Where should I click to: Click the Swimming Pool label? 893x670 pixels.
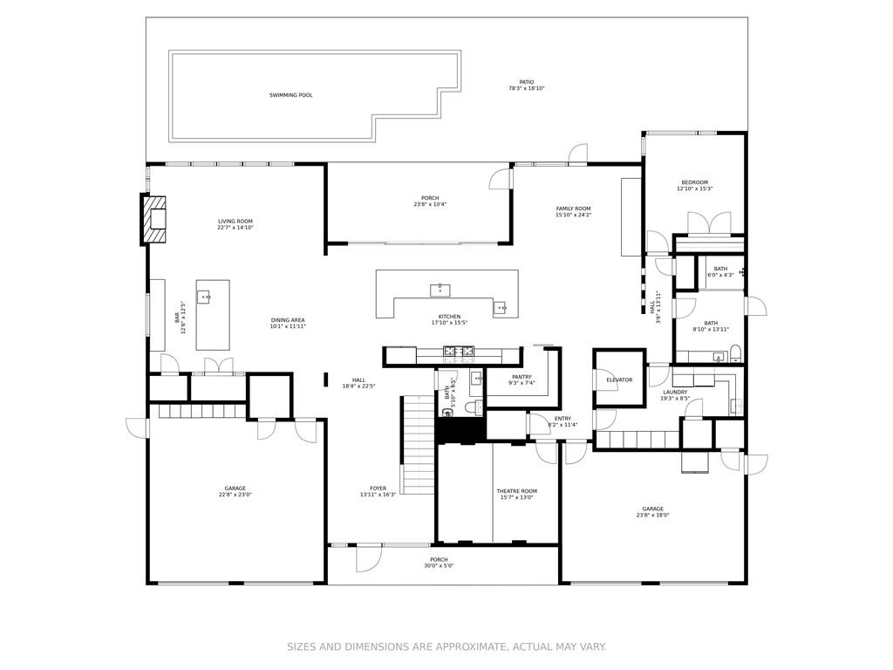290,95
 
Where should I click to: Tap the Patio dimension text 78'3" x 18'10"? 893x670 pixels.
526,89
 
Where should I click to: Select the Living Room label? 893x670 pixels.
235,222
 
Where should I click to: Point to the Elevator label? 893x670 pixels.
619,380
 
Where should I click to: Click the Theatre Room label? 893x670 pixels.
517,491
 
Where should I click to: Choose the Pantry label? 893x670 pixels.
521,377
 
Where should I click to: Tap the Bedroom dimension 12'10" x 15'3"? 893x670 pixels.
695,188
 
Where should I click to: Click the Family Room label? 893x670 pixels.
573,209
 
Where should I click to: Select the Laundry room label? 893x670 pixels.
675,393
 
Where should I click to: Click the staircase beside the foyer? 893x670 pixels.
418,445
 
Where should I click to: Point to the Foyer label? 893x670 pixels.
378,489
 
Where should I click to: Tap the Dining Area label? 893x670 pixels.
288,320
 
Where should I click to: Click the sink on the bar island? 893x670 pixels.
206,297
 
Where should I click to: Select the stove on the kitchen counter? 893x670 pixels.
459,352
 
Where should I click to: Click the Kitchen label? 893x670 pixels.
449,317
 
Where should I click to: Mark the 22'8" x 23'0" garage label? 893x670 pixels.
235,489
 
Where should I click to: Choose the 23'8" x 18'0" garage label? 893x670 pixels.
652,509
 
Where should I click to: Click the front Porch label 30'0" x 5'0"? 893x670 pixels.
439,560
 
